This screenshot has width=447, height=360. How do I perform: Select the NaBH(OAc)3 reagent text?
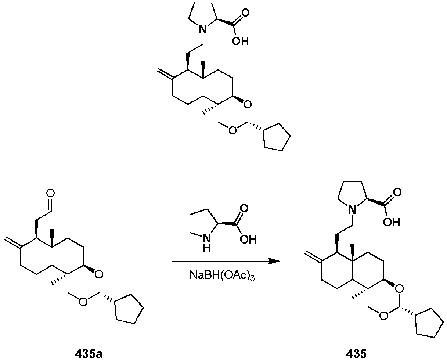[222, 276]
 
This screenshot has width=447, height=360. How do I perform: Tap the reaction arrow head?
[274, 261]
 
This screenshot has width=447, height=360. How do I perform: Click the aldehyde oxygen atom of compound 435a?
[50, 193]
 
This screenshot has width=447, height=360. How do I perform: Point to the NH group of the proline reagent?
[206, 243]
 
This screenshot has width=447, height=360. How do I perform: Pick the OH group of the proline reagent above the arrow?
[248, 239]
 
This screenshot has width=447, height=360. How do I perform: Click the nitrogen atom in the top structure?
[203, 29]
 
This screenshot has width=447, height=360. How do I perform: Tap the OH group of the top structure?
[240, 41]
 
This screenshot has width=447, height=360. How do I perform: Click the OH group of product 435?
[392, 222]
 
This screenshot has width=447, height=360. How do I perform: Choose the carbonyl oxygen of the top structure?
[245, 13]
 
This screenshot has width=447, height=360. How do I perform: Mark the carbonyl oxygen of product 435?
[397, 192]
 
